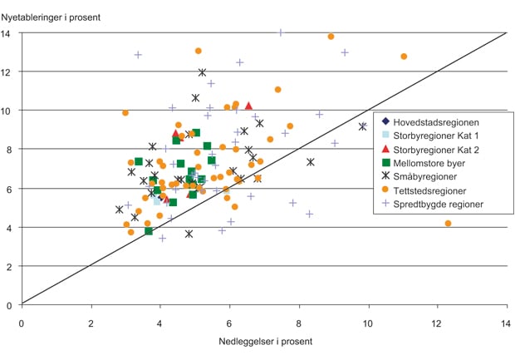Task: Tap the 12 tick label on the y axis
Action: tap(8, 72)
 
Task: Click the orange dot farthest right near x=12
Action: tap(449, 224)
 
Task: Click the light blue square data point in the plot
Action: tap(157, 201)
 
